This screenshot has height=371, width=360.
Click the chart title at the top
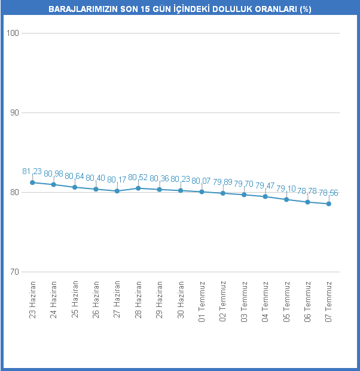(179, 10)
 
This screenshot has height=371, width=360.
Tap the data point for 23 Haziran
(32, 183)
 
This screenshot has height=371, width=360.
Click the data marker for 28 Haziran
(138, 188)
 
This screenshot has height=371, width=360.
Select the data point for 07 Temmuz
(328, 204)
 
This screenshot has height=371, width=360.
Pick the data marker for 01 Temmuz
(202, 191)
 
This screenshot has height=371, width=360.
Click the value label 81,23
(32, 171)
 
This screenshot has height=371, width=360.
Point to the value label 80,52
(138, 177)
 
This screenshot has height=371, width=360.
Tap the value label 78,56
(328, 193)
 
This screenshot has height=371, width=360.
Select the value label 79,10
(286, 188)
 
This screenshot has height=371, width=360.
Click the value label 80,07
(202, 180)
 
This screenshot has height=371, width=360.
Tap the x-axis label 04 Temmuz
(265, 301)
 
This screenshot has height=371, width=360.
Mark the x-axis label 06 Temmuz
(307, 301)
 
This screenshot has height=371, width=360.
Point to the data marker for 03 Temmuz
(244, 194)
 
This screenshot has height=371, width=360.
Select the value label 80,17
(117, 180)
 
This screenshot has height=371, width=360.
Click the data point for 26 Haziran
(96, 189)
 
